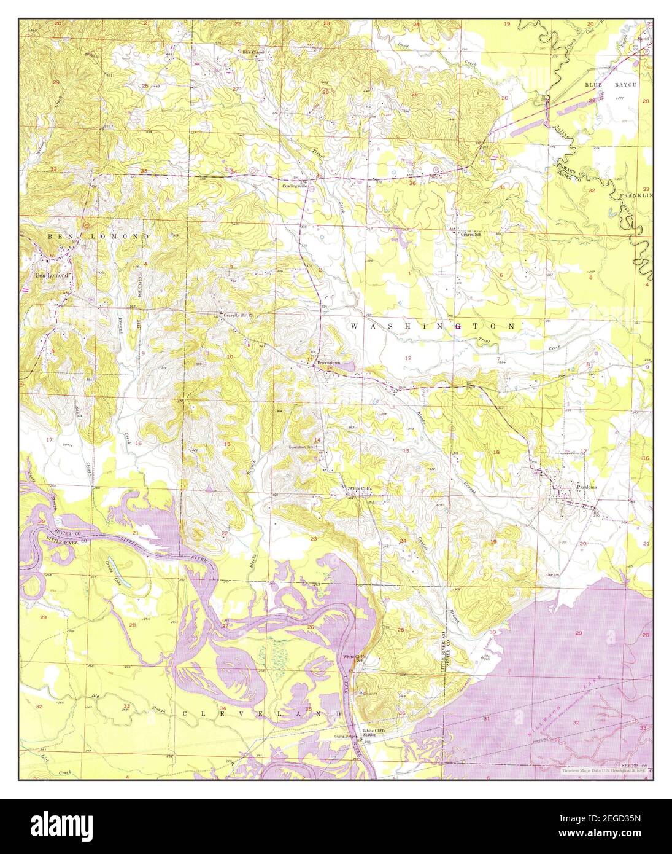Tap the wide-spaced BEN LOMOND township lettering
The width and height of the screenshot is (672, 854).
click(98, 236)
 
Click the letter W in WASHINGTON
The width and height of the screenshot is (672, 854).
click(355, 327)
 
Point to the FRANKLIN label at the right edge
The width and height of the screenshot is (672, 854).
click(635, 195)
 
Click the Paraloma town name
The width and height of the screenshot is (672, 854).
click(587, 487)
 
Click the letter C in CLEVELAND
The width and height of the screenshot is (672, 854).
click(185, 714)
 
